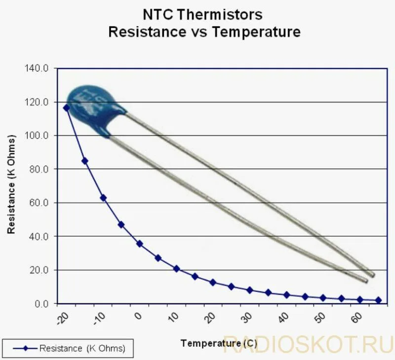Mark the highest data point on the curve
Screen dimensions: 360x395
[67, 108]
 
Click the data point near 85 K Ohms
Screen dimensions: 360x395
[85, 161]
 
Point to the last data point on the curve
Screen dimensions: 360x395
[378, 300]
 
